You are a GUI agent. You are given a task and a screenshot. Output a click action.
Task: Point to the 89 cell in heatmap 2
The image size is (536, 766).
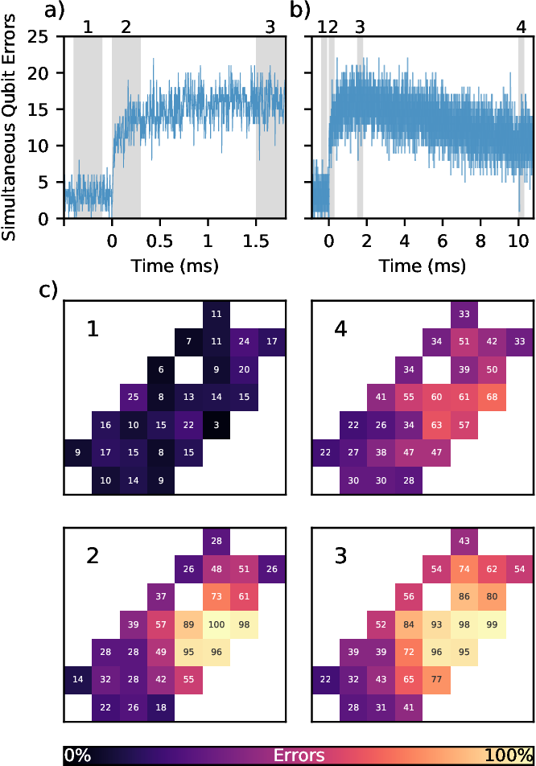point(188,622)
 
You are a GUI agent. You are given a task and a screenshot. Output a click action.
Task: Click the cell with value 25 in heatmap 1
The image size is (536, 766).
point(133,396)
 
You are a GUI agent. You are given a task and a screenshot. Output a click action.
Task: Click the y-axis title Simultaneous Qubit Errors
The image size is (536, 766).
point(10,127)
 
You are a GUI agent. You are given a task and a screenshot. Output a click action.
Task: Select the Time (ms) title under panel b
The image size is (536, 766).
point(423,263)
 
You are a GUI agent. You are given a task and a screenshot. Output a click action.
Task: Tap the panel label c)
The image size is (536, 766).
point(48,268)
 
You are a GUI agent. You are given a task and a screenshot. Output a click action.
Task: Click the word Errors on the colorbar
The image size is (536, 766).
point(299,756)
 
